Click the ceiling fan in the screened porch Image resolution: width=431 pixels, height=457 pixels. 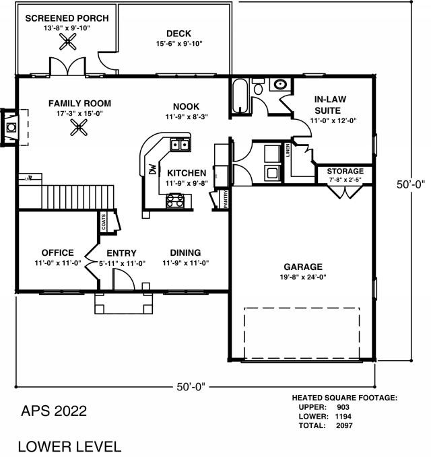tap(67, 42)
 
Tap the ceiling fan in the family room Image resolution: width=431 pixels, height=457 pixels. tap(79, 128)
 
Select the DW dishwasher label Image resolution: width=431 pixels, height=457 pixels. tap(153, 170)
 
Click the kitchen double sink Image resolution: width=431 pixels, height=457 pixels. tap(180, 145)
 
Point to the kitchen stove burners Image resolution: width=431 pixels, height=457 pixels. tap(175, 201)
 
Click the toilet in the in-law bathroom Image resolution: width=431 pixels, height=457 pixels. tap(258, 86)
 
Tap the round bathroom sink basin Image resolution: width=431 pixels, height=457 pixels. tap(280, 85)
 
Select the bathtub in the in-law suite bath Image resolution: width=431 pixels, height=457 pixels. tap(240, 96)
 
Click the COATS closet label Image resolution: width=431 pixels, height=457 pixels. tap(104, 222)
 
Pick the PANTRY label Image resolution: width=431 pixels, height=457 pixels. tap(226, 199)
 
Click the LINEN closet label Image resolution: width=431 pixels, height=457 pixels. tap(288, 150)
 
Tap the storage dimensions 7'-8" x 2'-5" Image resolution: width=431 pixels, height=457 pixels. tap(345, 180)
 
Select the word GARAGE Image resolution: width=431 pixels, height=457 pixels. tap(303, 267)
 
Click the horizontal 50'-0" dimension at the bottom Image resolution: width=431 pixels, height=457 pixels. tap(191, 387)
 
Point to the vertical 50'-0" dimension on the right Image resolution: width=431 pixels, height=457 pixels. tap(411, 184)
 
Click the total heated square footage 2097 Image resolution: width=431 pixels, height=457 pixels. tap(344, 425)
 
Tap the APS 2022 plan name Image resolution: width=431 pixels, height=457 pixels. tap(54, 411)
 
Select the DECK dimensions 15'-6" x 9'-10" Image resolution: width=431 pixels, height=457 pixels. tap(179, 44)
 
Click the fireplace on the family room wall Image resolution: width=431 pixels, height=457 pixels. tap(11, 127)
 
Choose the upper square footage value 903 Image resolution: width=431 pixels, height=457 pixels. tap(343, 407)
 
